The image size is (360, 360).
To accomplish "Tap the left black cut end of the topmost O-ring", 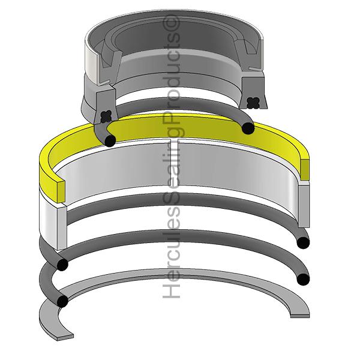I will pyautogui.click(x=109, y=140).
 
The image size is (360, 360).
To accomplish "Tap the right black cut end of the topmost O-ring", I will pyautogui.click(x=246, y=127).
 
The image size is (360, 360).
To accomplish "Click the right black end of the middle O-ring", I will pyautogui.click(x=304, y=242).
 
